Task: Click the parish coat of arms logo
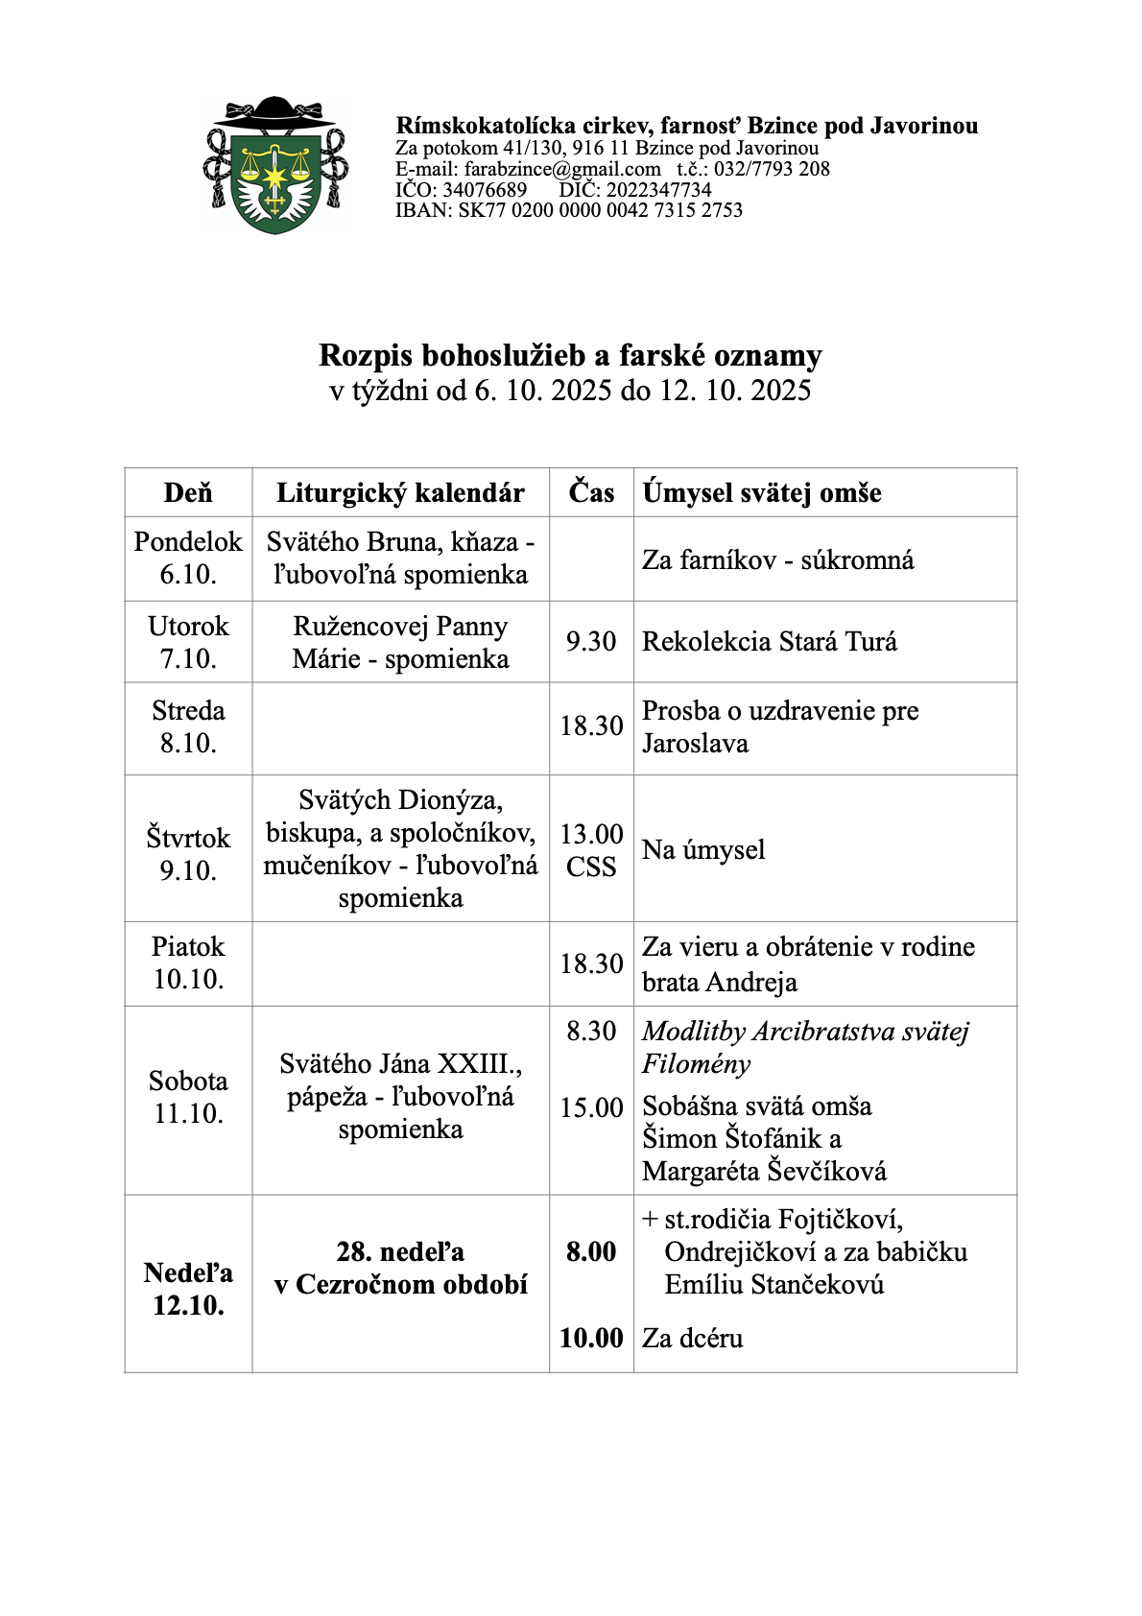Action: click(274, 166)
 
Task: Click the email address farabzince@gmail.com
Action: click(562, 169)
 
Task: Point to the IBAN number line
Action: click(568, 210)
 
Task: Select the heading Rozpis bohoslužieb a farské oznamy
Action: click(570, 355)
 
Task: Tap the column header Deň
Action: click(188, 493)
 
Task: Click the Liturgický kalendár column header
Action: click(400, 493)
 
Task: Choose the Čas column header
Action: click(591, 492)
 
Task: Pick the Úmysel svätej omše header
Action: click(762, 493)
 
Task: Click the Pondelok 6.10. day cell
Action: click(188, 558)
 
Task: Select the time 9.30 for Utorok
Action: click(591, 641)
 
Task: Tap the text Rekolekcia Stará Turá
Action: click(770, 641)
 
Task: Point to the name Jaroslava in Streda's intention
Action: click(695, 744)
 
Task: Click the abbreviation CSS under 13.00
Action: click(591, 867)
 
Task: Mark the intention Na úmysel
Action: click(703, 849)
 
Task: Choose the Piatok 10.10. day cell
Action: click(188, 962)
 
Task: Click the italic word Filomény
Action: click(696, 1064)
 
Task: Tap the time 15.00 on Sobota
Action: click(591, 1107)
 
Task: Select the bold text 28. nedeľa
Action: click(400, 1251)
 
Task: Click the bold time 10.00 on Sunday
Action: click(591, 1338)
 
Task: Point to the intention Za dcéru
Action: click(692, 1338)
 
